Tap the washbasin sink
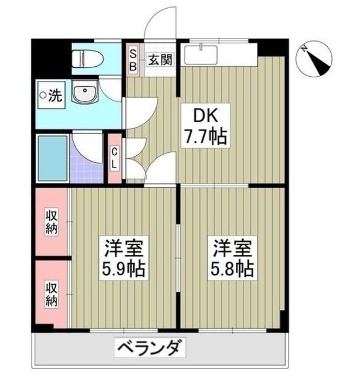(x=86, y=93)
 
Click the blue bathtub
(x=52, y=158)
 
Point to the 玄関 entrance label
(x=160, y=59)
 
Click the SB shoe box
(x=133, y=59)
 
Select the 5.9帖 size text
(x=124, y=270)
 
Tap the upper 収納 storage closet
(x=52, y=221)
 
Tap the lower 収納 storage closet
(x=52, y=294)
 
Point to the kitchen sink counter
(x=220, y=54)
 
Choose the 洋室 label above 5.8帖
(x=232, y=247)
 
